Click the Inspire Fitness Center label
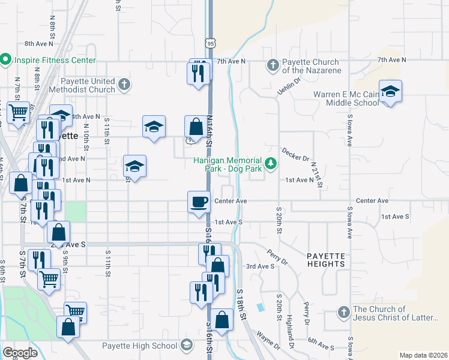tap(55, 61)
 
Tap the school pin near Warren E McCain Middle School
tap(390, 92)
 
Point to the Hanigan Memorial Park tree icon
tap(271, 163)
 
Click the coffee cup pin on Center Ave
tap(199, 202)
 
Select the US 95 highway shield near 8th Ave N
tap(209, 43)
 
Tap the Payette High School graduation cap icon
tap(187, 345)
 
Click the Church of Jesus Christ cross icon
tap(343, 313)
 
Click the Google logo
tap(20, 353)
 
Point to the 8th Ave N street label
tap(40, 44)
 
